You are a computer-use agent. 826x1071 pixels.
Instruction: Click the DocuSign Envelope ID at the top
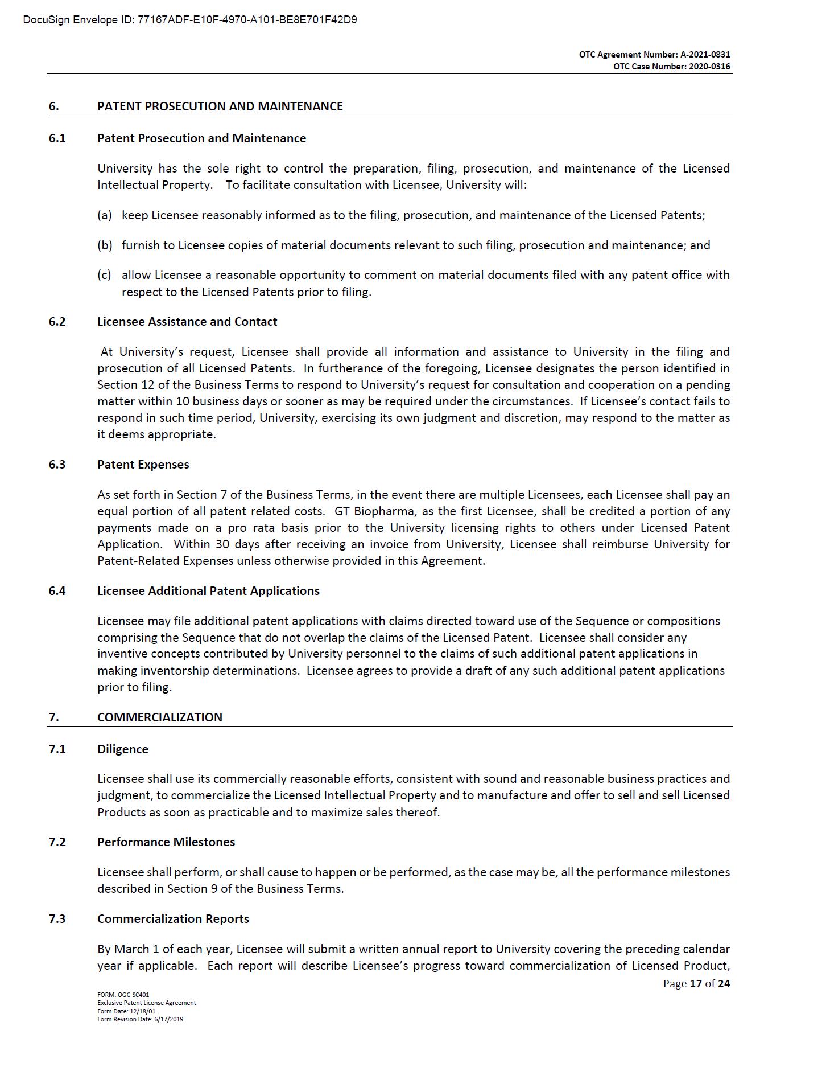(190, 20)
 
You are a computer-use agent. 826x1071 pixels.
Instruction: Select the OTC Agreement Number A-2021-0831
(654, 55)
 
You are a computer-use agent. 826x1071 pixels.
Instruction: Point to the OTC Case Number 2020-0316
(671, 67)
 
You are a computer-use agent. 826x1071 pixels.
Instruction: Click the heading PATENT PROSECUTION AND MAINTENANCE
(220, 106)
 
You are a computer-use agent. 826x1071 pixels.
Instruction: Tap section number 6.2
(57, 322)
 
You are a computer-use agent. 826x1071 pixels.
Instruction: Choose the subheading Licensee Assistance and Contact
(187, 322)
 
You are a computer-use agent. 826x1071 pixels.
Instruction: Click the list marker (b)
(105, 245)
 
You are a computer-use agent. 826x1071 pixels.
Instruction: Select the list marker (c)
(104, 275)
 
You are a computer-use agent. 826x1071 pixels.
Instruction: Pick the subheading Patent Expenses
(143, 465)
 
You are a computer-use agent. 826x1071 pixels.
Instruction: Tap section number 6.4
(57, 591)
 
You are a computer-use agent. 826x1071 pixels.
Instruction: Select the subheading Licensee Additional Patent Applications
(208, 591)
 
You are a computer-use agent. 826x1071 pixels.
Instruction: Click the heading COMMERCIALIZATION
(159, 717)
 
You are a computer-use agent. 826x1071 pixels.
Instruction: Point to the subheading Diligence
(122, 749)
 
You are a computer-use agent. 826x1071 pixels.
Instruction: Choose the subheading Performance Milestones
(166, 842)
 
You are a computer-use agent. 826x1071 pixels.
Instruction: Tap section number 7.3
(57, 919)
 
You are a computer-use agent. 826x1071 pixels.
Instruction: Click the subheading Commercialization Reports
(173, 919)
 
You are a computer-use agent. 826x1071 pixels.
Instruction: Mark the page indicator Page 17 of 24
(696, 983)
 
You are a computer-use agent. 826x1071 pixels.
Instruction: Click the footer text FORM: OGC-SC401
(123, 995)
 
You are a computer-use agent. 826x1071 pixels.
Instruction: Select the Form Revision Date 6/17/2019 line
(140, 1019)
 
